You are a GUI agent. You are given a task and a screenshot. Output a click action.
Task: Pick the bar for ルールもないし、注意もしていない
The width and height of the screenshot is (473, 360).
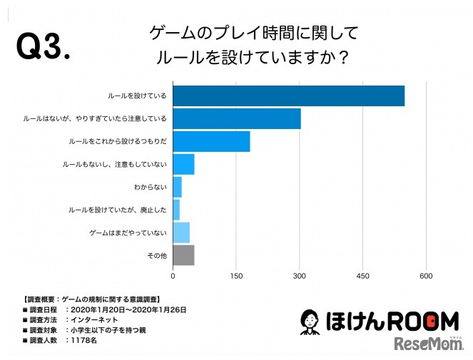[x=183, y=164]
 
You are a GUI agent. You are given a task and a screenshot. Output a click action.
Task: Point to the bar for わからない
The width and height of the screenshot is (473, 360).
[x=178, y=187]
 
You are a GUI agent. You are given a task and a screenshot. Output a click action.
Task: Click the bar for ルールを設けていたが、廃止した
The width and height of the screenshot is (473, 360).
[x=176, y=210]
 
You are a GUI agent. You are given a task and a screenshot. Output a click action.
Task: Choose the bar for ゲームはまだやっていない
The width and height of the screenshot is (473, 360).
[x=181, y=232]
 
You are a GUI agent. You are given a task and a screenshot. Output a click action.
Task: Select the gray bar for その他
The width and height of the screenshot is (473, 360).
[x=183, y=255]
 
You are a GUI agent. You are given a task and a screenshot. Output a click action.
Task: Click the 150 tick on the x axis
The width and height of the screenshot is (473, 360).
[x=236, y=276]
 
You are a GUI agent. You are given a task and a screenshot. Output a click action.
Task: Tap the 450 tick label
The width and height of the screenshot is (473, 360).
[x=362, y=276]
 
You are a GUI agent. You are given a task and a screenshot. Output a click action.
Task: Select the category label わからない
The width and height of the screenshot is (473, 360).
[x=150, y=187]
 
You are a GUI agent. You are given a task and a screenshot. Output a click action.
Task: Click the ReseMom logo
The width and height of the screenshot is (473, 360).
[x=427, y=344]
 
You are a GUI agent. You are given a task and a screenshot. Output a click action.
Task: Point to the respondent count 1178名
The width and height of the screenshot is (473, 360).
[x=83, y=341]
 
